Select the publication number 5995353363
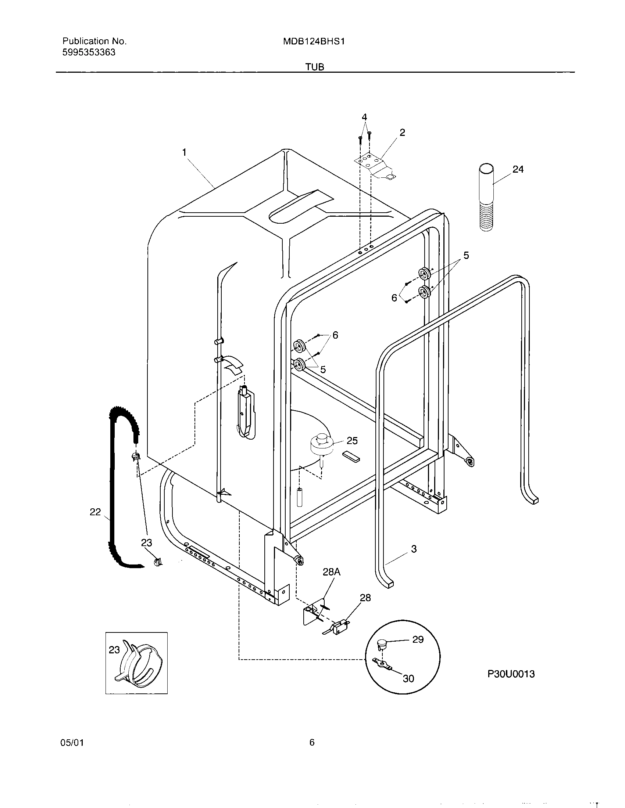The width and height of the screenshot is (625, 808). [89, 53]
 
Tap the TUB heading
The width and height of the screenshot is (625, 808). [315, 67]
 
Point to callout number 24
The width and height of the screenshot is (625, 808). [518, 169]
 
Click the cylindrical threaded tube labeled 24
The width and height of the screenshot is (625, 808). [486, 198]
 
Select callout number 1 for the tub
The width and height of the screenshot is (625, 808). [184, 152]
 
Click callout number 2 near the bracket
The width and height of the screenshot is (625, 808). [402, 133]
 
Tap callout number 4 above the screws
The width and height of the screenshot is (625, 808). [364, 117]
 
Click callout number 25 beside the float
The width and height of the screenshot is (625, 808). [352, 441]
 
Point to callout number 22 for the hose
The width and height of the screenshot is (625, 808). [95, 512]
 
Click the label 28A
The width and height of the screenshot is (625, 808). [331, 572]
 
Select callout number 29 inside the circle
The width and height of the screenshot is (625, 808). [418, 640]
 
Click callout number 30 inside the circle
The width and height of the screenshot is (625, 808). [408, 678]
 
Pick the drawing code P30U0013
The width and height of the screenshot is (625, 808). [511, 674]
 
